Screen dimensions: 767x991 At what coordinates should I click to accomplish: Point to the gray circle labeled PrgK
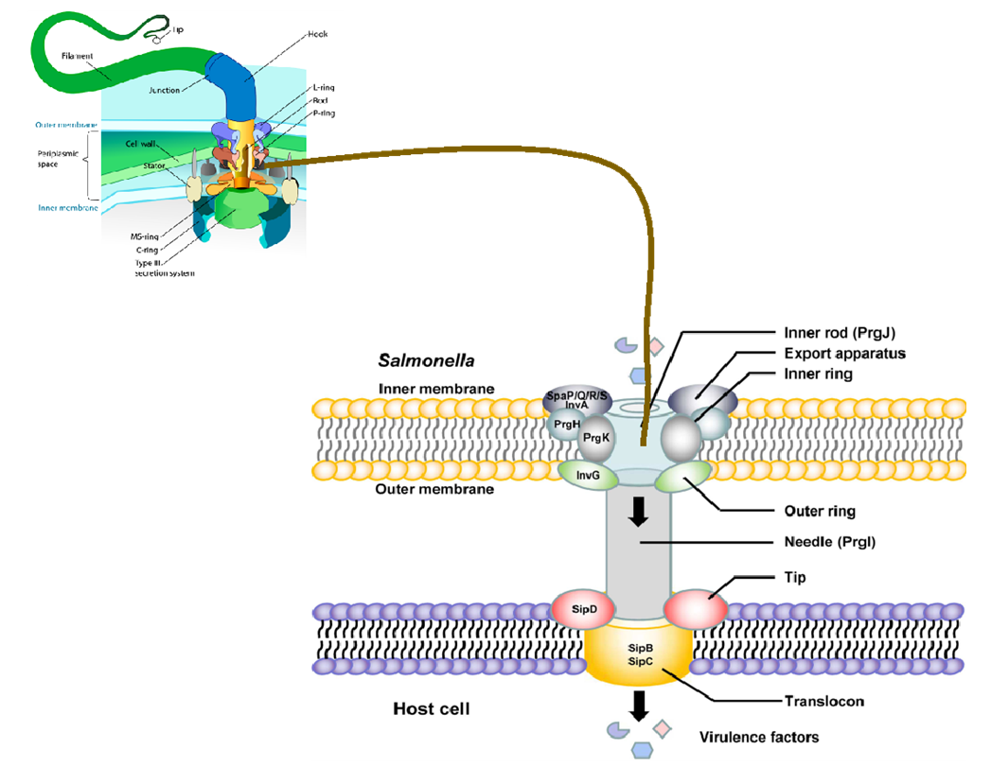coord(595,438)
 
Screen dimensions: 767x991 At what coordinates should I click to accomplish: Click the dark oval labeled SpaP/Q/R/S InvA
coord(572,400)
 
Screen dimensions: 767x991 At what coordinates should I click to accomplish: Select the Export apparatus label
coord(845,354)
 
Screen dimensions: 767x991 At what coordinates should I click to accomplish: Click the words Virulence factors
coord(759,737)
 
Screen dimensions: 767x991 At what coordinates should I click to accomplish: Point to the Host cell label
coord(430,708)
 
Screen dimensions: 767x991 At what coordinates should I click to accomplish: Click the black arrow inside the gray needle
coord(639,512)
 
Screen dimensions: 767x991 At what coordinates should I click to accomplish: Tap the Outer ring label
coord(821,512)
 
